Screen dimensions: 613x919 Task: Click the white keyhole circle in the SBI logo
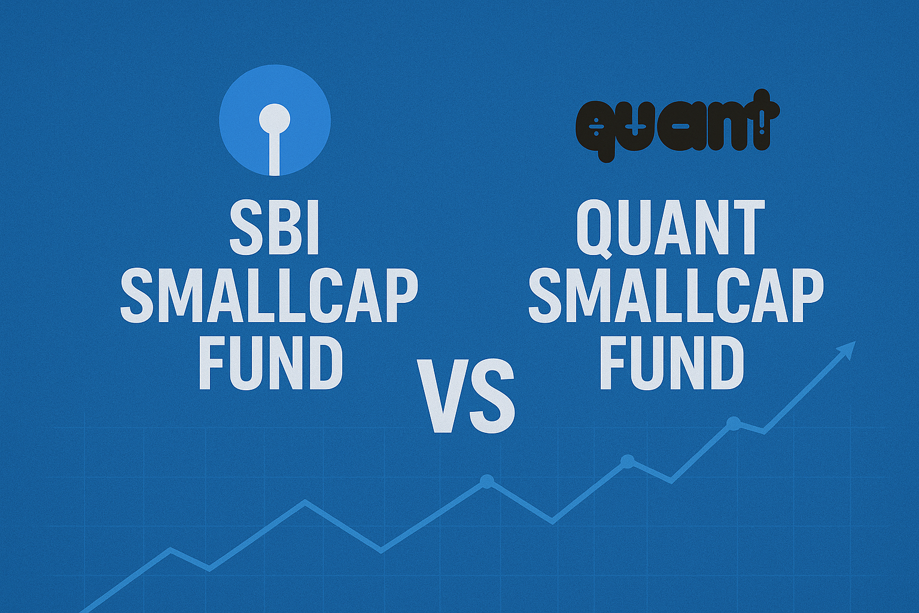[275, 119]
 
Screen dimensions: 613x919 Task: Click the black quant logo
[677, 126]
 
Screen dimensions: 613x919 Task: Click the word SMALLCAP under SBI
[269, 297]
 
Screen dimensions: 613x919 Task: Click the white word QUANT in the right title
[671, 229]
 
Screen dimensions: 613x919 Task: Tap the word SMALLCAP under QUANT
[676, 297]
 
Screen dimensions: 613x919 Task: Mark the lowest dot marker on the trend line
[487, 481]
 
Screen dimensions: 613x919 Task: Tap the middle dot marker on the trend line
[627, 461]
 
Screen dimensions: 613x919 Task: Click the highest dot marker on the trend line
[733, 423]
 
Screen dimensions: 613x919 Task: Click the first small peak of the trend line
[171, 549]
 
